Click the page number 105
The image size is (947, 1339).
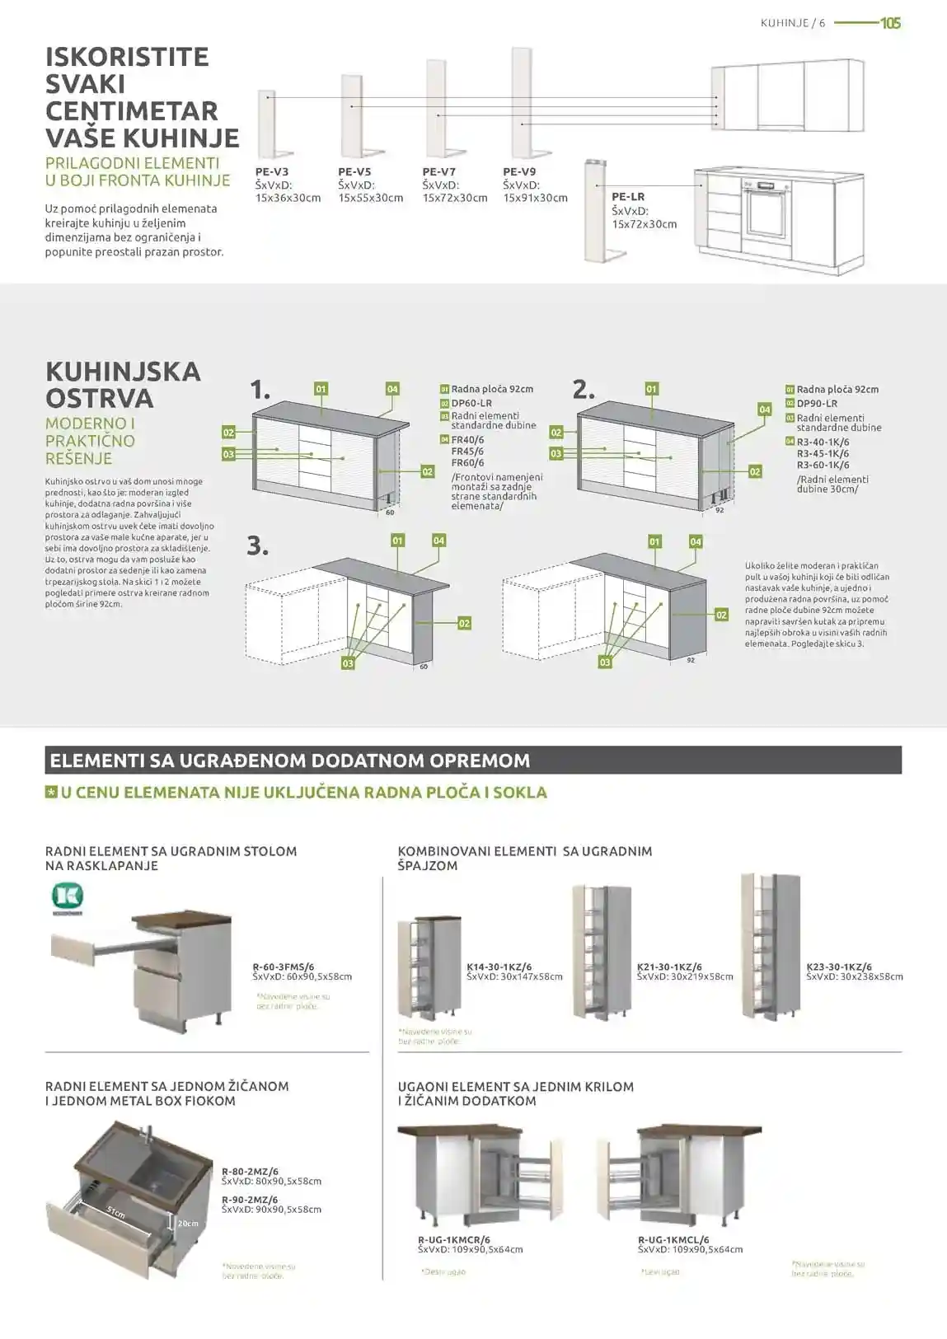pos(890,23)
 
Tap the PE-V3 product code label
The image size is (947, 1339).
pos(272,172)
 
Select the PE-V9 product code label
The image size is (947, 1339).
pos(519,172)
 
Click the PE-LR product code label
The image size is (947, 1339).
pos(628,197)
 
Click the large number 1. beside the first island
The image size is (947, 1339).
pos(260,390)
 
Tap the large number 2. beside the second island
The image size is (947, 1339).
pos(584,389)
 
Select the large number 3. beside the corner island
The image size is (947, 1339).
pos(258,545)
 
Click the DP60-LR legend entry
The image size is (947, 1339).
pos(471,404)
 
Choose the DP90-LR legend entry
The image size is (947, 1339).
pos(817,404)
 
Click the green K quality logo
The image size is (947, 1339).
pos(68,897)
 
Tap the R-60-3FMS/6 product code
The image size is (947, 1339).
pos(284,967)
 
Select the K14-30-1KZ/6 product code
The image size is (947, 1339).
pos(499,967)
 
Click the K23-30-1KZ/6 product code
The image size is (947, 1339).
pos(839,967)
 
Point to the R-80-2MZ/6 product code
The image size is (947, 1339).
pos(250,1171)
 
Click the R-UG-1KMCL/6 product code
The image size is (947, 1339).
pos(673,1239)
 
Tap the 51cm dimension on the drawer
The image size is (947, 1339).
pos(115,1212)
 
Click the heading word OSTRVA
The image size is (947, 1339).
pos(100,399)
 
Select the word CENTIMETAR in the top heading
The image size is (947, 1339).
pos(131,111)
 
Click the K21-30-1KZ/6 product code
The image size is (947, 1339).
pos(669,967)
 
